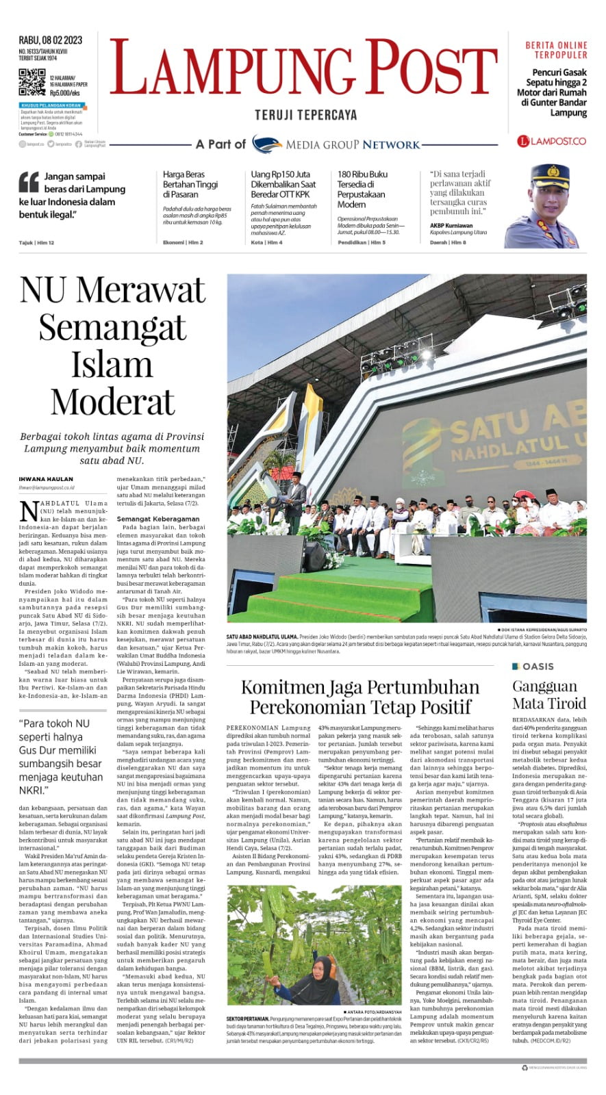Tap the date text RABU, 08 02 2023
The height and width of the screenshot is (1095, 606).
click(x=51, y=40)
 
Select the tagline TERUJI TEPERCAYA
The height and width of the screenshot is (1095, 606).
click(x=305, y=116)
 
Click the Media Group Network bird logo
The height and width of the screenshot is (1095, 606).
click(x=267, y=144)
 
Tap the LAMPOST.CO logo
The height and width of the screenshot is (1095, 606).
click(x=552, y=141)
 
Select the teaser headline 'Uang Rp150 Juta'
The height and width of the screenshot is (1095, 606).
click(x=280, y=175)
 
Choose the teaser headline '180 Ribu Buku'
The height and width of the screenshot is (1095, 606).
click(x=362, y=175)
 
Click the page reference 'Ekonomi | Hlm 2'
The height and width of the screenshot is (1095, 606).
click(x=183, y=242)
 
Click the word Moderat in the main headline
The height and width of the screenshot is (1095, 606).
click(x=112, y=402)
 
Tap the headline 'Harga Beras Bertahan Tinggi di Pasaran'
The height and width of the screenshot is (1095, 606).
click(x=190, y=184)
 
